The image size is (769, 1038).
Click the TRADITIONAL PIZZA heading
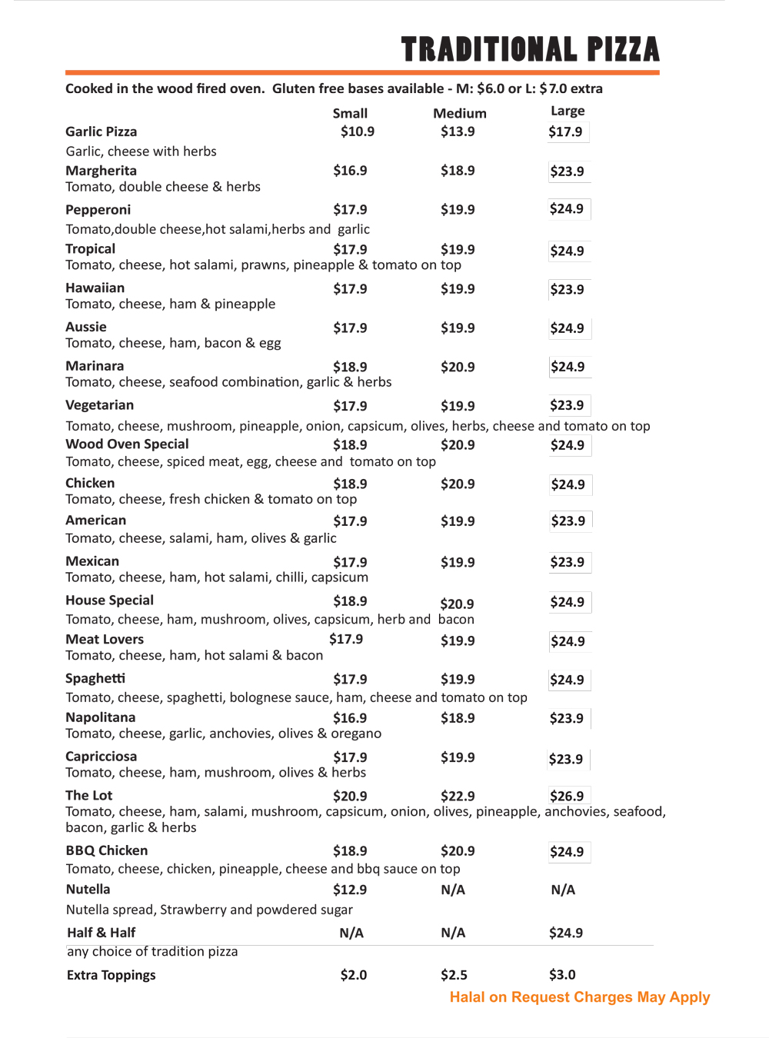(530, 49)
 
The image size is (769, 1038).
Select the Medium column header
(459, 113)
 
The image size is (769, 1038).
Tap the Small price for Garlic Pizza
(358, 131)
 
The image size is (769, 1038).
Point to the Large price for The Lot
(567, 796)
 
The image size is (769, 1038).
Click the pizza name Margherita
(101, 171)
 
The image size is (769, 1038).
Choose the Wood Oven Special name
(127, 444)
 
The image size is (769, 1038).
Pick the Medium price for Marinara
(458, 367)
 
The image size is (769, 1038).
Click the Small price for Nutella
(350, 890)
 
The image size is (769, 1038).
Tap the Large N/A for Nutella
(563, 890)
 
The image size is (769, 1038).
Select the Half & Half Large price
(566, 933)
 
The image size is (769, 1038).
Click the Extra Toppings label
(112, 975)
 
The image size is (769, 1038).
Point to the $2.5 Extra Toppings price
(454, 975)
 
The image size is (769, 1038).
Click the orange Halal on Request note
(580, 997)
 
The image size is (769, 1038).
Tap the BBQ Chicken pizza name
(107, 850)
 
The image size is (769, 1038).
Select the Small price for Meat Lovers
(346, 639)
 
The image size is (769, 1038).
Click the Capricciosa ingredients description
(215, 773)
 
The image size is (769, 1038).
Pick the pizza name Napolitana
(101, 717)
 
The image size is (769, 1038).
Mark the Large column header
(568, 111)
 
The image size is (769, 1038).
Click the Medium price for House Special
(457, 604)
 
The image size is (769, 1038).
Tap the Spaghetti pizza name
(95, 678)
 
